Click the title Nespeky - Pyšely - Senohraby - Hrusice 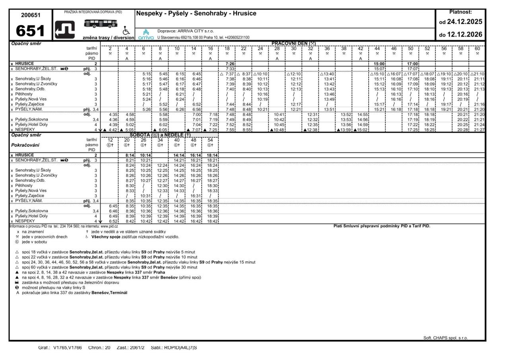196,14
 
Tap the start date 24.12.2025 464,22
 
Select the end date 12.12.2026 464,34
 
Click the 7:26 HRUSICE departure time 230,64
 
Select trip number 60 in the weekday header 477,49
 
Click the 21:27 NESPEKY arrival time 480,130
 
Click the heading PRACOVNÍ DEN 293,43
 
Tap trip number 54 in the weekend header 210,140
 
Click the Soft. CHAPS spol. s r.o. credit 445,338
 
